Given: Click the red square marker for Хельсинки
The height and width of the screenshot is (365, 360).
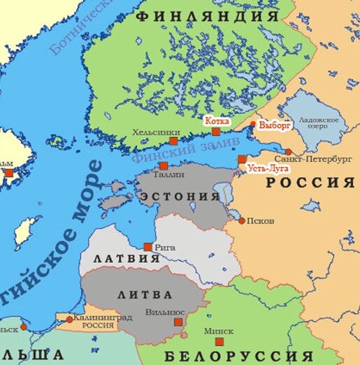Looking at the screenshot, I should [x=173, y=141].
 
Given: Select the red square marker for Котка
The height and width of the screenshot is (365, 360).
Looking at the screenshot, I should [x=216, y=131].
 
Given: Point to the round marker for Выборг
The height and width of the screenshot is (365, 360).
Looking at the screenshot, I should [x=252, y=127].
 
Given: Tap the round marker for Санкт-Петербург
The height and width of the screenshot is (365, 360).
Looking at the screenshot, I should [x=288, y=152].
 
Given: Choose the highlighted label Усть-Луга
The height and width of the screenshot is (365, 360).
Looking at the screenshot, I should [x=266, y=169].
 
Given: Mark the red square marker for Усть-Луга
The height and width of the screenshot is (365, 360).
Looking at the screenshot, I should [x=242, y=159].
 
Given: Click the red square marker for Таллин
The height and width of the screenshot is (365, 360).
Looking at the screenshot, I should [x=163, y=166].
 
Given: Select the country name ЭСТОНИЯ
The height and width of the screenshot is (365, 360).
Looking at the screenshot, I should [x=180, y=197].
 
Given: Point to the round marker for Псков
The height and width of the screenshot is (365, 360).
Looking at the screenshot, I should [x=242, y=220].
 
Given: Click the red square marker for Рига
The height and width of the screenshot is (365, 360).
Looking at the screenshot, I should [x=147, y=247].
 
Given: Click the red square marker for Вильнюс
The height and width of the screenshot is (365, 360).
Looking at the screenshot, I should [x=178, y=322].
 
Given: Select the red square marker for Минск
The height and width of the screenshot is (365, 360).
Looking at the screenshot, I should [x=219, y=341].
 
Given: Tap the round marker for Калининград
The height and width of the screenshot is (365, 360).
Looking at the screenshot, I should [x=69, y=319].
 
